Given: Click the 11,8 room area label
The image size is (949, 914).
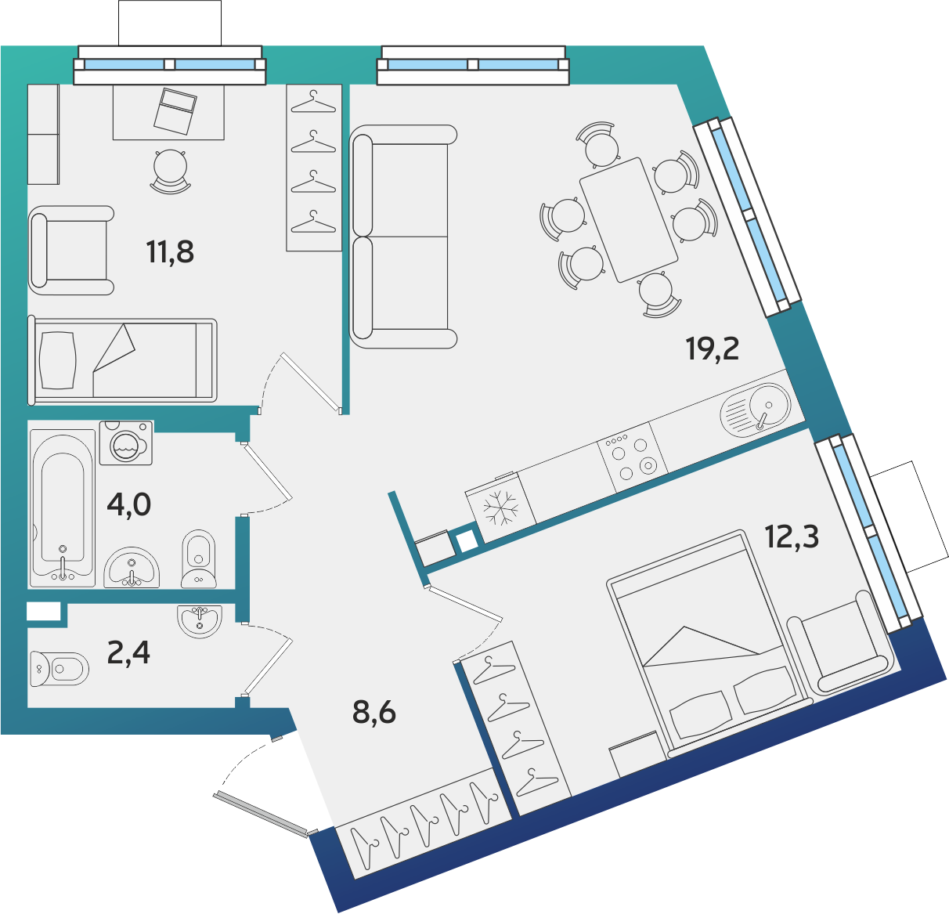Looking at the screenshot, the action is [x=170, y=252].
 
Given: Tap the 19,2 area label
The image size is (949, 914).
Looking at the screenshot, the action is [x=713, y=349].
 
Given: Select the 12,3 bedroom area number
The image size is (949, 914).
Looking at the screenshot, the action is [x=792, y=536].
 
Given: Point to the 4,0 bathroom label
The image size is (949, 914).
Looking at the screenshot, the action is [x=128, y=505].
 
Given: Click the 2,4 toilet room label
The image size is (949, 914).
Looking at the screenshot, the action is [x=128, y=652].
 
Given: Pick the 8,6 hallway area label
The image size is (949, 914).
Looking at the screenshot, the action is [x=374, y=713].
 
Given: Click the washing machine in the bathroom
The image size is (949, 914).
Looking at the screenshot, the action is [x=126, y=443].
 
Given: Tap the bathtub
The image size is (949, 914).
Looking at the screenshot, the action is [x=63, y=508].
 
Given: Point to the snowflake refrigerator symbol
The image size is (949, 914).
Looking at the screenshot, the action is [x=500, y=508].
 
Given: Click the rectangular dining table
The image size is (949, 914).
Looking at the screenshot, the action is [x=628, y=220].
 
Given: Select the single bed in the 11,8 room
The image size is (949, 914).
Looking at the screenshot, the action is [x=122, y=361].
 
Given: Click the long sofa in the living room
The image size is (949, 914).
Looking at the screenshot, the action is [x=403, y=237].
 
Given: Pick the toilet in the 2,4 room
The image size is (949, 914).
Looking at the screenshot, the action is [x=60, y=669].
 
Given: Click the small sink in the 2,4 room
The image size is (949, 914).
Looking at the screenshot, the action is [x=200, y=621].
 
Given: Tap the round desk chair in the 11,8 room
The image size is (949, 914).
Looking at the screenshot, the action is [x=170, y=171].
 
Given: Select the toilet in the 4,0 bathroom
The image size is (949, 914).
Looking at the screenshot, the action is [x=198, y=559].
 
